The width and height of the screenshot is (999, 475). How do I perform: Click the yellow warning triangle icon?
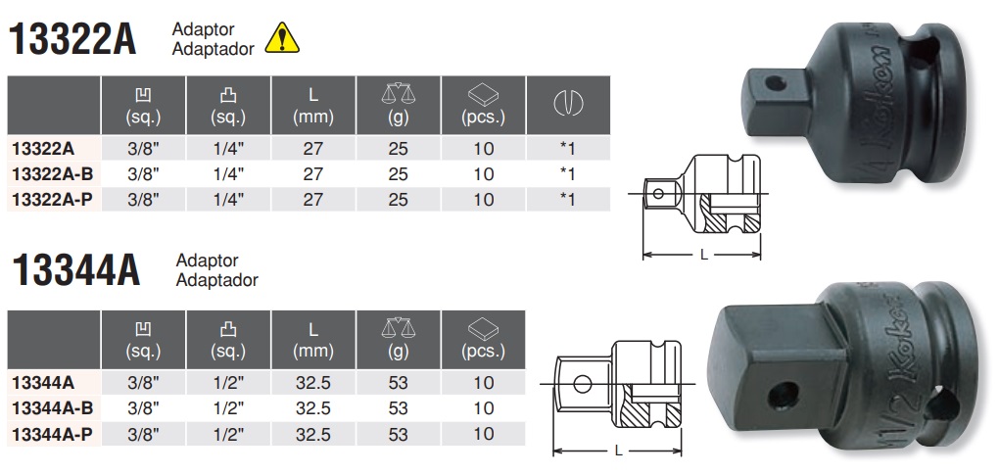click(x=282, y=37)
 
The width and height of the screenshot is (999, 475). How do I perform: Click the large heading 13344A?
click(x=73, y=271)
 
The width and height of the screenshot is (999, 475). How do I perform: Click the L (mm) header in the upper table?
click(x=314, y=106)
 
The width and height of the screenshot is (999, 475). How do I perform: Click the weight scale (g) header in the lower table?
click(x=398, y=339)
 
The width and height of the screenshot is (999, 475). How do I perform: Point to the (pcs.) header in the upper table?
click(x=483, y=106)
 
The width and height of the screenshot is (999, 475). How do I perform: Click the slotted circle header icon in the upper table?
click(x=567, y=103)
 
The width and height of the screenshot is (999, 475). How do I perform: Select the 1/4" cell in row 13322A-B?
click(x=229, y=173)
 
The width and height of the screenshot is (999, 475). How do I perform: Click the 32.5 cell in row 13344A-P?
click(x=314, y=432)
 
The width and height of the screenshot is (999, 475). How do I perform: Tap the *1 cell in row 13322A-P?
click(x=566, y=198)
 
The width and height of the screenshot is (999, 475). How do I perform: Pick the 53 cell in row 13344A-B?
click(x=398, y=407)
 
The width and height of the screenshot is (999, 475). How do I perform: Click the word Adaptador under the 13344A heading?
click(x=216, y=280)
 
